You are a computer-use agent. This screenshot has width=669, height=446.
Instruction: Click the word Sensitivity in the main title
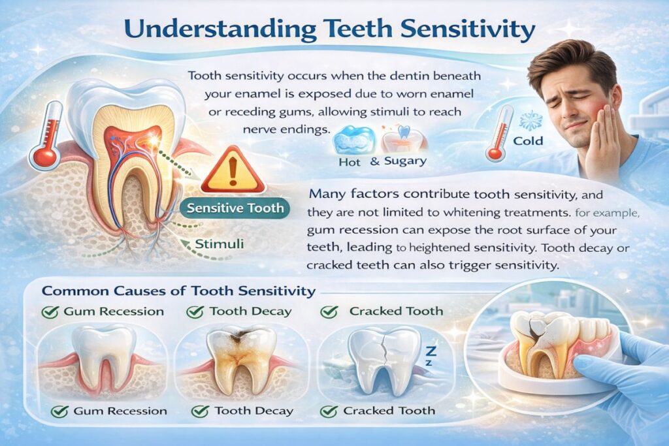point(468,30)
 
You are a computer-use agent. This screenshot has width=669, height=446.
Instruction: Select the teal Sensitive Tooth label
point(235,208)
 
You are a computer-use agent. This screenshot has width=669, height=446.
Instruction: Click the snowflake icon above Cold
point(530,121)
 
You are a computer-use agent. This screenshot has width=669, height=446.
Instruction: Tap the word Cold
point(528,140)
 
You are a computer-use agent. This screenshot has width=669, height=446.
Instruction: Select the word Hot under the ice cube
point(350,162)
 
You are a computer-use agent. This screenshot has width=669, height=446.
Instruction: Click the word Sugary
point(405,161)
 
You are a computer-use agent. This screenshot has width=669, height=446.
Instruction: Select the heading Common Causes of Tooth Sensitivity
point(178,291)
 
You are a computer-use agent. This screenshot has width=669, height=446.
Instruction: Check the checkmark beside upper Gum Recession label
point(50,312)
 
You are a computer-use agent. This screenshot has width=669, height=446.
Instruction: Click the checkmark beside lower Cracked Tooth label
point(329,411)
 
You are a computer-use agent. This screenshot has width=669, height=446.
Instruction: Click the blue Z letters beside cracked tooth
point(431,355)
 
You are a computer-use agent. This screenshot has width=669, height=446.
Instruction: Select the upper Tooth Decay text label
point(250,311)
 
